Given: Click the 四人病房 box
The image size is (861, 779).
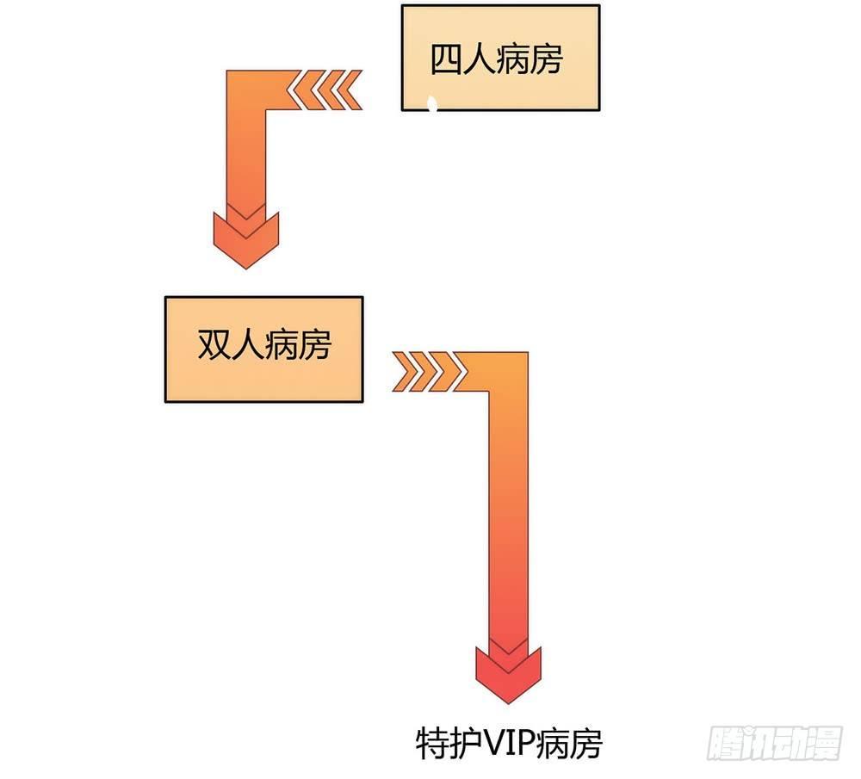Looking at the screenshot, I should (500, 58).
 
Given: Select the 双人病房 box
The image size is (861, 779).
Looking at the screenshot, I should (263, 349).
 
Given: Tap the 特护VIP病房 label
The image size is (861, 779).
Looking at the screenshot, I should (509, 744).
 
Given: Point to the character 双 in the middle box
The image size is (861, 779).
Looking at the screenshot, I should (214, 346).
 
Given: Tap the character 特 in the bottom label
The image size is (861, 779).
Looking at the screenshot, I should (430, 744).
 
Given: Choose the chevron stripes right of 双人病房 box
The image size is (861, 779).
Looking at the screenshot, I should (428, 371).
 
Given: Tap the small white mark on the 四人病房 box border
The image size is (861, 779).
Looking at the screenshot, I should (432, 106).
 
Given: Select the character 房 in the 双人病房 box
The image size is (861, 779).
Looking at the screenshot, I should (314, 346).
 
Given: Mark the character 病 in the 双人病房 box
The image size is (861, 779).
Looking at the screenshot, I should (281, 346).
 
